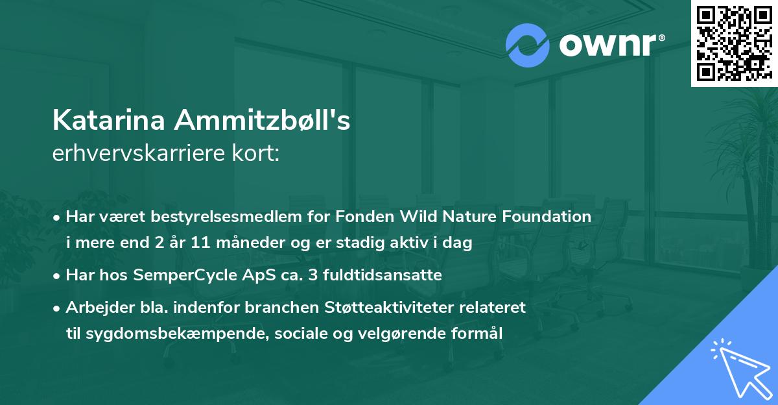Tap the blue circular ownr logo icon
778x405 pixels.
tap(528, 45)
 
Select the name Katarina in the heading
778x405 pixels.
tap(108, 121)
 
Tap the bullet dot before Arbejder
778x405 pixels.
tap(58, 307)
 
